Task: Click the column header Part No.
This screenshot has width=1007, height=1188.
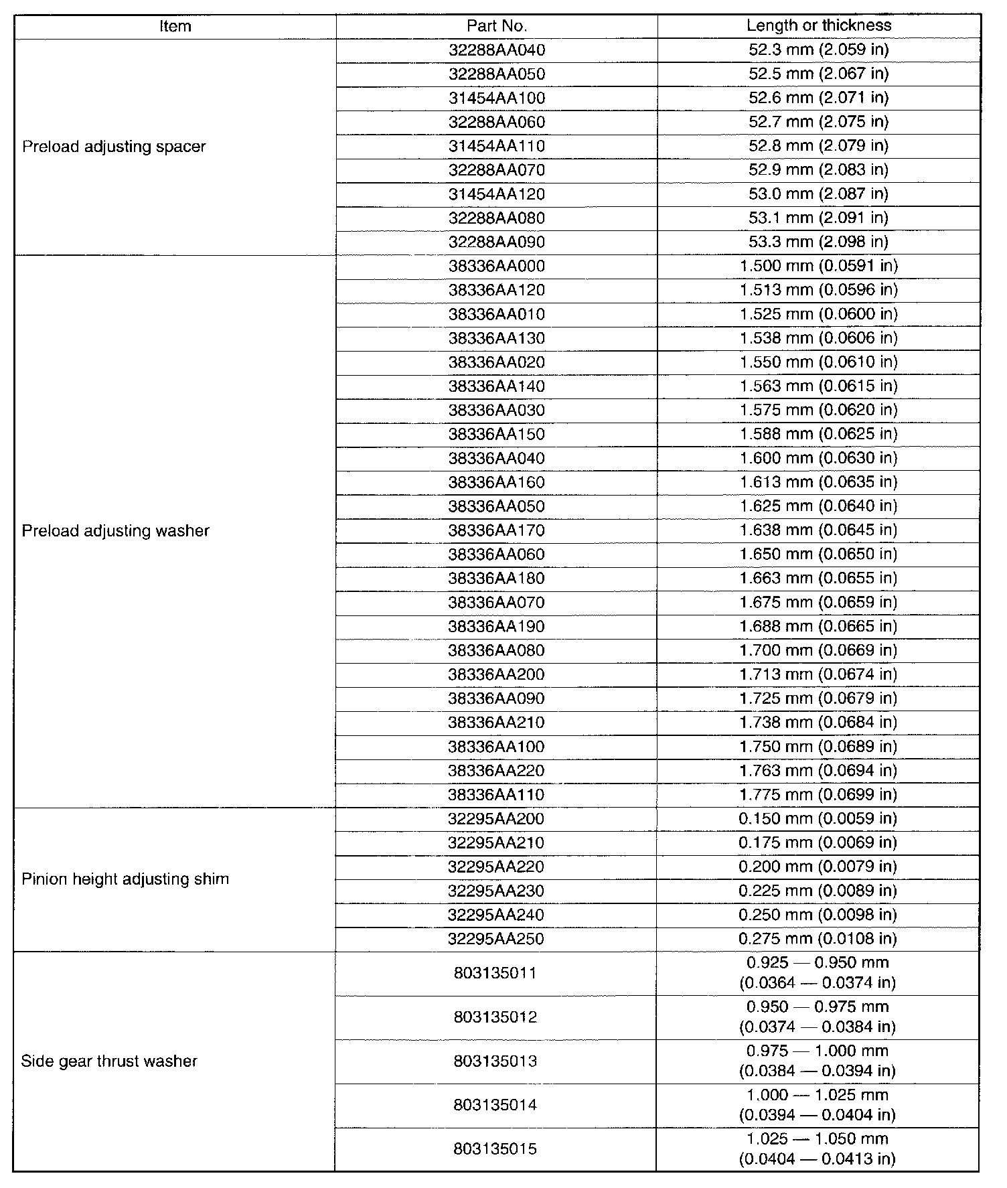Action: coord(497,26)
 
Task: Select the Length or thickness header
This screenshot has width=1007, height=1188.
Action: coord(819,25)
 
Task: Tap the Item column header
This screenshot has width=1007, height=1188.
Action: coord(175,26)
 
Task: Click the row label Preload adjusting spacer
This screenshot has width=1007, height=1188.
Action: coord(114,147)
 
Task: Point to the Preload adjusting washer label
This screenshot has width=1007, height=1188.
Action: coord(116,531)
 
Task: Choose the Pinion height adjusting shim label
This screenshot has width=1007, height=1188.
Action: coord(125,879)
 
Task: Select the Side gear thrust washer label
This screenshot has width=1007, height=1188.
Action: coord(109,1061)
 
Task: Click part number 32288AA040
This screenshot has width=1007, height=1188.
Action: coord(497,50)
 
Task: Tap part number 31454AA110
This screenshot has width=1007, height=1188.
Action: coord(497,146)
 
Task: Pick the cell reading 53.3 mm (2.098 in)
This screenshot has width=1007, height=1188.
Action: coord(819,242)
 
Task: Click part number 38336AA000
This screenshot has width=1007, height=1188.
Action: coord(497,266)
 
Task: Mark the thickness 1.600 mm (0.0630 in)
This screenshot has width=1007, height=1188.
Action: coord(819,458)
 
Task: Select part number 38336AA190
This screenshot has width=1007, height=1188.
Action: coord(497,627)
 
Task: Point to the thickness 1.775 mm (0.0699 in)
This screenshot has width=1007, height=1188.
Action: coord(819,795)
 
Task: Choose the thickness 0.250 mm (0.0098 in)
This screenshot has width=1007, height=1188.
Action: coord(818,915)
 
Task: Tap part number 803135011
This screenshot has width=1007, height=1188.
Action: coord(495,973)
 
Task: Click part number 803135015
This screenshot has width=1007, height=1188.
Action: coord(495,1150)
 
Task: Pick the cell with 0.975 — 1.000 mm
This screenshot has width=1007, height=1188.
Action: coord(818,1051)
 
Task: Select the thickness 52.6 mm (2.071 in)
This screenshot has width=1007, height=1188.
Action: coord(819,98)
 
